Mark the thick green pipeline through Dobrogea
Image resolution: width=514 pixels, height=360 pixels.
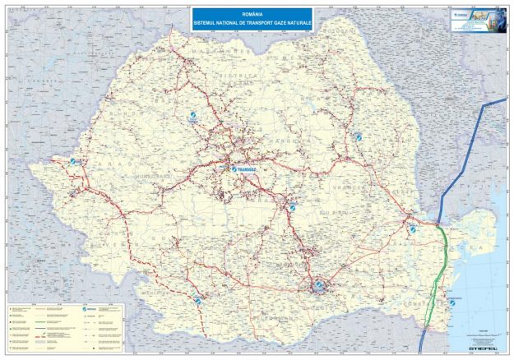point(442,271)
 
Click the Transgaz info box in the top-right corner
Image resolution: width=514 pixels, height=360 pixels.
point(479,18)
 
